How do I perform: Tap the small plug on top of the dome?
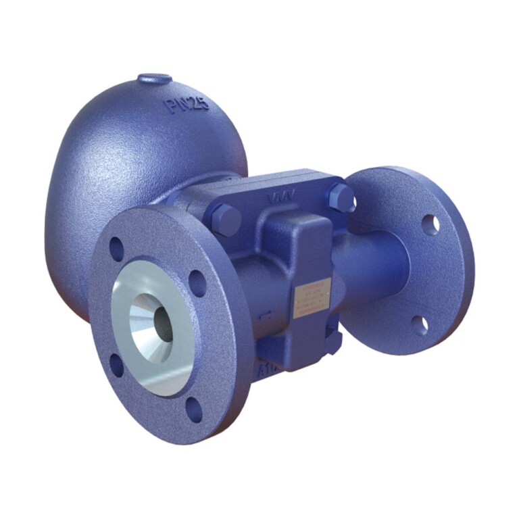pos(155,79)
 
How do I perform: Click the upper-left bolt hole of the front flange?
pos(116,249)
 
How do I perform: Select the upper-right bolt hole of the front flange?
pos(197,282)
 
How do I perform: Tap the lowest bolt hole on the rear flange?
pos(420,325)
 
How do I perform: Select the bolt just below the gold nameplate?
pos(332,342)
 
